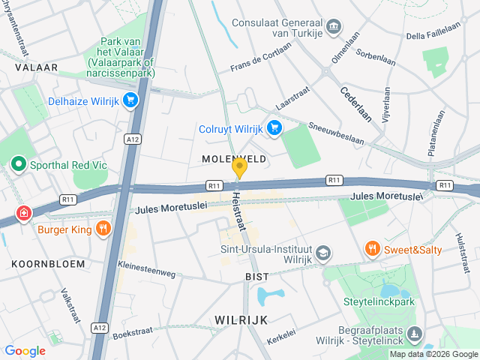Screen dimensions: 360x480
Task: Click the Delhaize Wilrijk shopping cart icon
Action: coord(131,100)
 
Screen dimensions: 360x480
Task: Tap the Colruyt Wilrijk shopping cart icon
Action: coord(274,127)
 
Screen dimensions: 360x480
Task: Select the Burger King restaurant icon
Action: coord(103,227)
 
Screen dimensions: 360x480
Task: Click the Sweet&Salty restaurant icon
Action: coord(370,247)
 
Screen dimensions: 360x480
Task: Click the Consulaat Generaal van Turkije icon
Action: coord(334,28)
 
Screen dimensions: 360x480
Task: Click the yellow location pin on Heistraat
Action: coord(239,168)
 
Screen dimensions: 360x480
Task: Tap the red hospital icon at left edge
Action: coord(25,214)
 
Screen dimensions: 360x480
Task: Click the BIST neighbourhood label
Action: coord(256,277)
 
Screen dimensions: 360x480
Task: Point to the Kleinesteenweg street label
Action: coord(144,268)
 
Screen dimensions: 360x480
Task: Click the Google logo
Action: coord(25,350)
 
